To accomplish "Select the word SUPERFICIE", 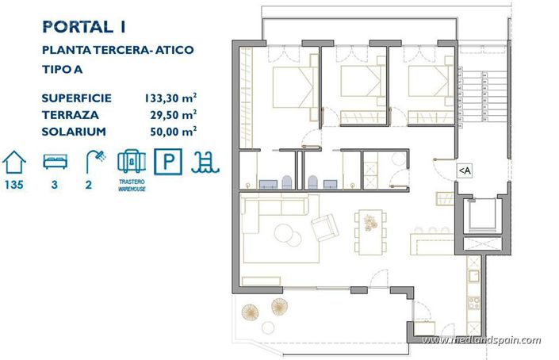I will (77, 98).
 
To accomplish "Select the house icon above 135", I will (14, 162).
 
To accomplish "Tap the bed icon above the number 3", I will (56, 162).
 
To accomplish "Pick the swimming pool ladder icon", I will (208, 162).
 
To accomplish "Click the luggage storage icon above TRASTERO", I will (131, 162).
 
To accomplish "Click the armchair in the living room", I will (324, 228).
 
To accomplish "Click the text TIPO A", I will (66, 69).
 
